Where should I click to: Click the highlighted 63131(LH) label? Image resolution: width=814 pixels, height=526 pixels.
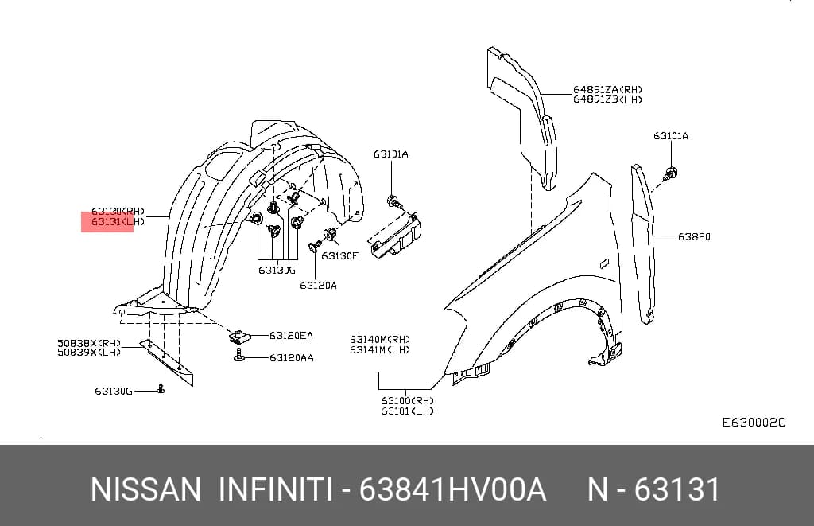pyautogui.click(x=118, y=222)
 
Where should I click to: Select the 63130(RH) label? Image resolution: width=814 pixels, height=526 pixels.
pyautogui.click(x=118, y=212)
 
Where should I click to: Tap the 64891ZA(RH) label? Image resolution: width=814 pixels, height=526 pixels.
pyautogui.click(x=607, y=89)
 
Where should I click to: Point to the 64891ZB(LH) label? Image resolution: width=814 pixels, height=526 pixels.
pyautogui.click(x=607, y=99)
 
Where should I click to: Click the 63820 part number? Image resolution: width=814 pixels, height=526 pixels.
pyautogui.click(x=694, y=237)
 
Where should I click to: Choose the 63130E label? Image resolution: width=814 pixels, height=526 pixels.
pyautogui.click(x=340, y=255)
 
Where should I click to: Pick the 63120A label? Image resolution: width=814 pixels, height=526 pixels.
pyautogui.click(x=318, y=286)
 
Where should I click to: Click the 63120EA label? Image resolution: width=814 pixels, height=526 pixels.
pyautogui.click(x=291, y=336)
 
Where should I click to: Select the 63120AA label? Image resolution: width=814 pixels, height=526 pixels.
pyautogui.click(x=291, y=358)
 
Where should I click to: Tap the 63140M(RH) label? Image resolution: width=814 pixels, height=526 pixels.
pyautogui.click(x=379, y=340)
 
